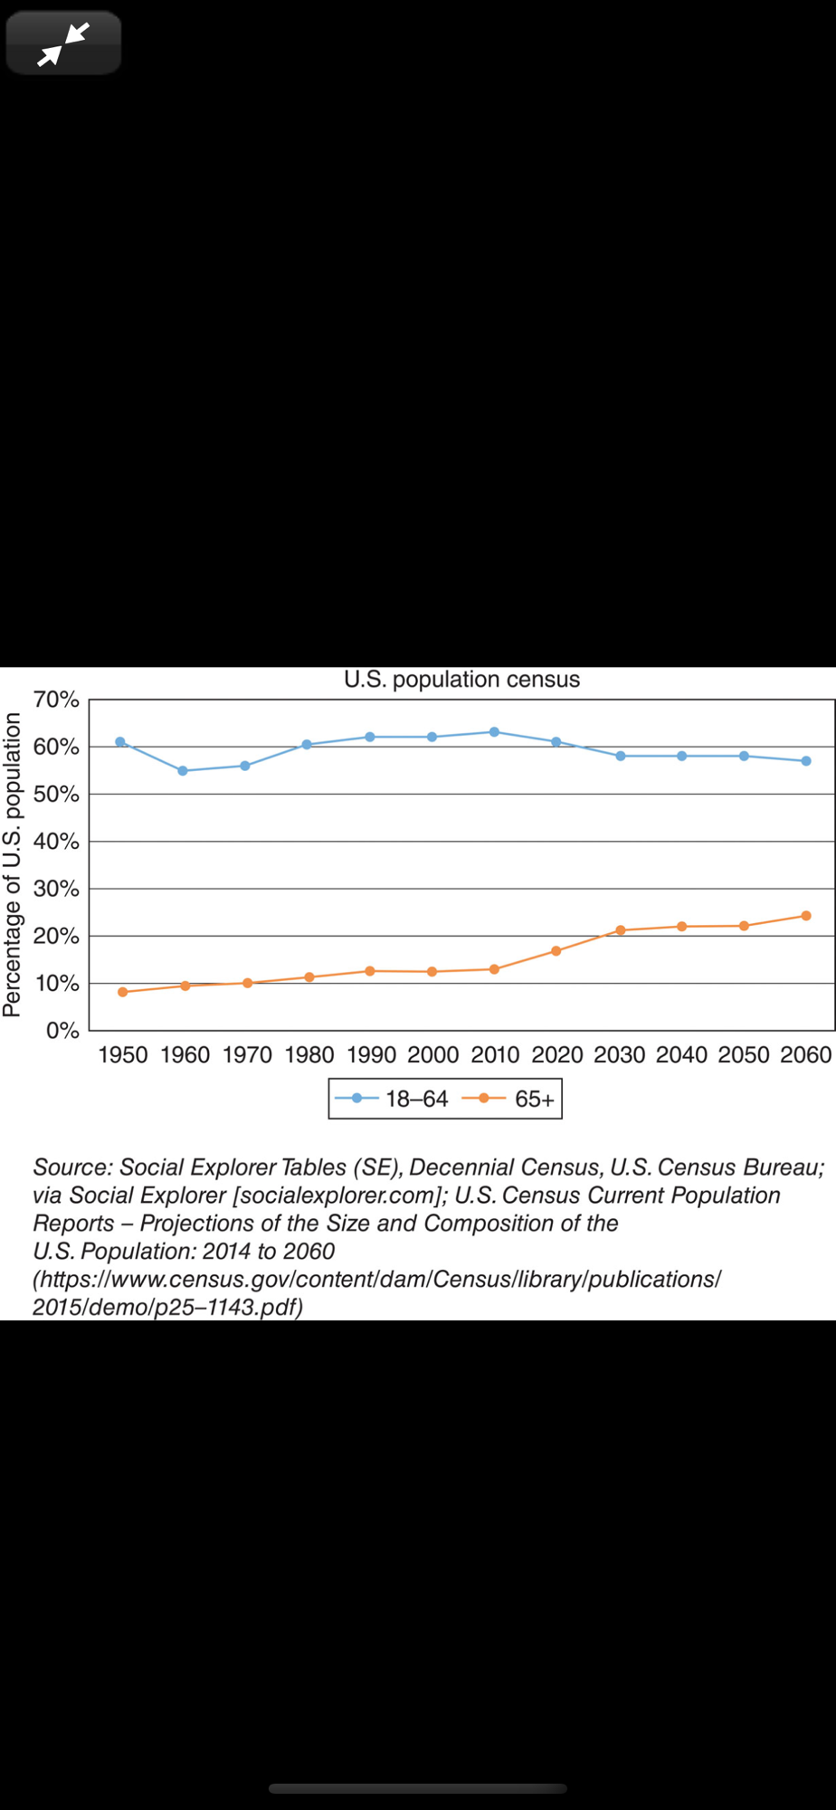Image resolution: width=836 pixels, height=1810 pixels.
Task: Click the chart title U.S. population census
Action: (461, 680)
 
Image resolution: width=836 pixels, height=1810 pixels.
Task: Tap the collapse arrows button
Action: (63, 43)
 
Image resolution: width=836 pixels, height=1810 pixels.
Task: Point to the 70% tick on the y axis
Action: (56, 700)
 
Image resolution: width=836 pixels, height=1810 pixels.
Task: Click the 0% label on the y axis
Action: (62, 1031)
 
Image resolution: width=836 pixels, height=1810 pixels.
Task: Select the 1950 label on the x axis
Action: (123, 1055)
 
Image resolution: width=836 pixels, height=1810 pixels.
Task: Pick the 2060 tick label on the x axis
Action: (805, 1055)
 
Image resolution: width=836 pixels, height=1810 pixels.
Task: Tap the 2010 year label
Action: (495, 1055)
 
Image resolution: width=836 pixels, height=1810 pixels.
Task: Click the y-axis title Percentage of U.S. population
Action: (12, 864)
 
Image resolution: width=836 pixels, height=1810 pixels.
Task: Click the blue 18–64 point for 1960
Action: (183, 771)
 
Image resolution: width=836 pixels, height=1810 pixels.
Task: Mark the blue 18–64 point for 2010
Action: (494, 731)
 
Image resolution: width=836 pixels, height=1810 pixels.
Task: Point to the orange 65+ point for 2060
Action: (806, 916)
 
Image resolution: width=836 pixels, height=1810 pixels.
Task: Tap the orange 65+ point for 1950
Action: (123, 992)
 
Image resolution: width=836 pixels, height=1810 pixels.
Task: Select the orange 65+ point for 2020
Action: (556, 951)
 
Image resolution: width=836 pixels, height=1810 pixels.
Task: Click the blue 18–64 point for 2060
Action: (806, 761)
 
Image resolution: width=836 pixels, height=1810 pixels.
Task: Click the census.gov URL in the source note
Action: (376, 1280)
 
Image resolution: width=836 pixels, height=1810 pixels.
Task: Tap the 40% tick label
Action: (56, 842)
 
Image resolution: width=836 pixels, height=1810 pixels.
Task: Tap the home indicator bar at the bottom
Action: (418, 1788)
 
